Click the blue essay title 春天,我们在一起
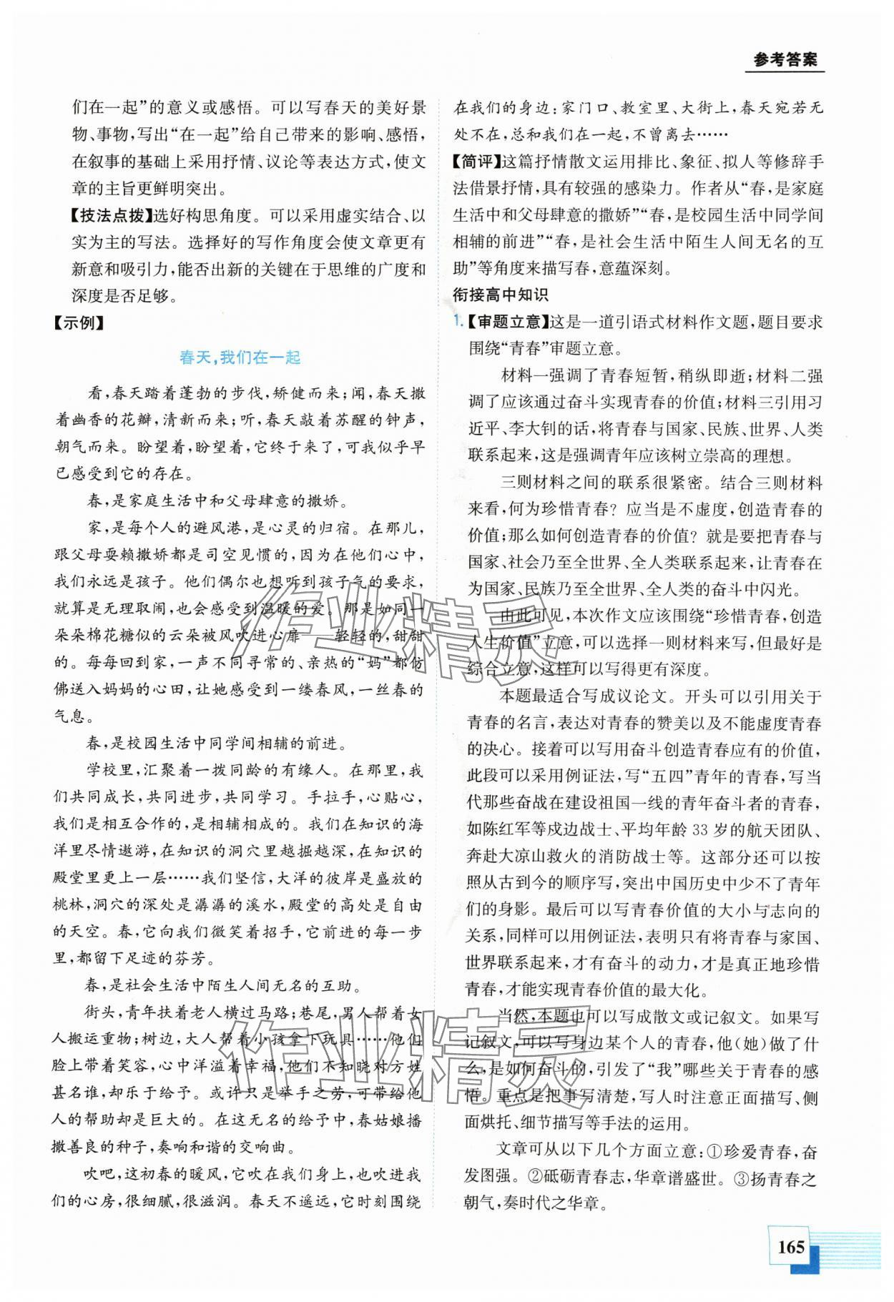pos(240,358)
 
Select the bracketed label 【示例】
pos(80,322)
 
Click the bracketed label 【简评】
pos(478,162)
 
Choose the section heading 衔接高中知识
pos(500,294)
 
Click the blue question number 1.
pos(458,322)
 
